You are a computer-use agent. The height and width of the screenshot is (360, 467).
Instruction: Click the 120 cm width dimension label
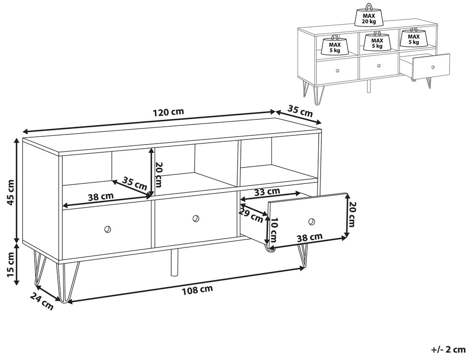(x=168, y=113)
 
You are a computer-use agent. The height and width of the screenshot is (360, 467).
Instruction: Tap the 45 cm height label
(x=11, y=193)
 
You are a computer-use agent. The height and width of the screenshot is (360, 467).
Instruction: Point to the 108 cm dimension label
(x=197, y=290)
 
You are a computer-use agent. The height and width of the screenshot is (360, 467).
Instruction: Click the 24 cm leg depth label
(x=42, y=301)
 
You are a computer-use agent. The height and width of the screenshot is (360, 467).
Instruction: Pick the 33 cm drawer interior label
(x=267, y=192)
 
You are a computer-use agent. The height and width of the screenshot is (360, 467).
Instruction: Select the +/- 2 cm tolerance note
(x=448, y=349)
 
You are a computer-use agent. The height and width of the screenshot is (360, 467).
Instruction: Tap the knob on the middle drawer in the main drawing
(x=195, y=219)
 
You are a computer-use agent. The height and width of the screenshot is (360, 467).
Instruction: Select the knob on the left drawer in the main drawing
(x=107, y=229)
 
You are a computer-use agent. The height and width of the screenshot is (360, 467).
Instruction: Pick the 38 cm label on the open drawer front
(x=310, y=237)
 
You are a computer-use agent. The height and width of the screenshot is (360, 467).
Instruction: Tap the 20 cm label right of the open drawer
(x=352, y=215)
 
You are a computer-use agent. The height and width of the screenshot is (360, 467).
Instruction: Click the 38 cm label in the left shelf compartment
(x=101, y=196)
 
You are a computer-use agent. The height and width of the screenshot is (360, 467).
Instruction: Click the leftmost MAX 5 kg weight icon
(x=335, y=46)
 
